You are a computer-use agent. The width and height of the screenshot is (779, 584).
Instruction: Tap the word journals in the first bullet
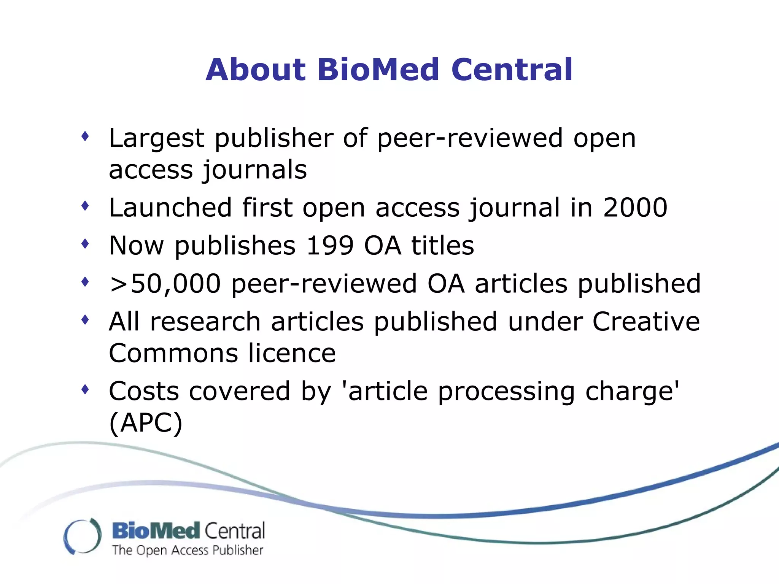[x=254, y=170]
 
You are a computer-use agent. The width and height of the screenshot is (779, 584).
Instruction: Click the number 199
[x=330, y=246]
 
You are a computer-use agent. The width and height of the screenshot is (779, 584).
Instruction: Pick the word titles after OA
[x=442, y=246]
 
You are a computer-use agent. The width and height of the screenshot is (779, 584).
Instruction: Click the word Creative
[x=646, y=322]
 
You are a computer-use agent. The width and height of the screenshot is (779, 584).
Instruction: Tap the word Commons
[x=173, y=353]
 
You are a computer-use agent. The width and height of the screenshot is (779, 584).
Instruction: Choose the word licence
[x=292, y=353]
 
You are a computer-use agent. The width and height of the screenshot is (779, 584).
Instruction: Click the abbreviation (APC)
[x=146, y=423]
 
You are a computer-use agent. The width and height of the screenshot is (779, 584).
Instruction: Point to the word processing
[x=506, y=392]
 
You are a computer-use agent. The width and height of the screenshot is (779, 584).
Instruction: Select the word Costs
[x=144, y=391]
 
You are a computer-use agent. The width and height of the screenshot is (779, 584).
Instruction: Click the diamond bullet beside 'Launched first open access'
[x=85, y=206]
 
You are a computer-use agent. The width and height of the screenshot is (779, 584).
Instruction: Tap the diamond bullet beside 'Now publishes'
[x=85, y=244]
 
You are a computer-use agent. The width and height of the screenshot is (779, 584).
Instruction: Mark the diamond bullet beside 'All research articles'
[x=85, y=320]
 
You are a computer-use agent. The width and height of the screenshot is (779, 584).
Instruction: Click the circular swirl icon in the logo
[x=83, y=536]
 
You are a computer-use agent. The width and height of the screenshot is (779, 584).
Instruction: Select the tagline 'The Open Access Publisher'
[x=188, y=551]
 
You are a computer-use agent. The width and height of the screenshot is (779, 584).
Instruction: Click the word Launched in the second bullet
[x=170, y=208]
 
